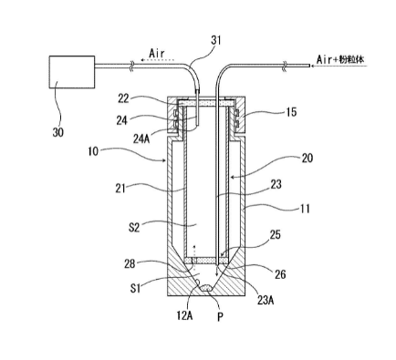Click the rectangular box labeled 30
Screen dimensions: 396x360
point(72,72)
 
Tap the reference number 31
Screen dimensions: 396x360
point(215,40)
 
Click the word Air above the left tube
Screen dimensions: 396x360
point(157,54)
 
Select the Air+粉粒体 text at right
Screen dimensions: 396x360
point(339,59)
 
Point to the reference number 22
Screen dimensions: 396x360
point(123,98)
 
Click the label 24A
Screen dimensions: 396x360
point(142,139)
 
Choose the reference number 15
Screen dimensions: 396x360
point(291,112)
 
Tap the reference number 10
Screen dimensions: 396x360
point(93,151)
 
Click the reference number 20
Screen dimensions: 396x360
point(307,158)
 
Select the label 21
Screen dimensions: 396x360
point(120,189)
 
